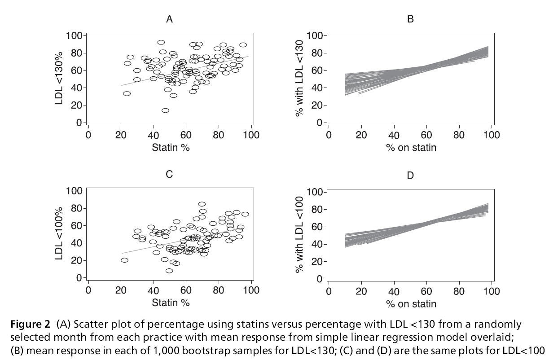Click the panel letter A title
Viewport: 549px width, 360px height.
coord(169,19)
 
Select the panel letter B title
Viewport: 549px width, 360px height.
coord(410,19)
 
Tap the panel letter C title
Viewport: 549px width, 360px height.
coord(169,174)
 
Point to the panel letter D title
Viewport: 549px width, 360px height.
coord(410,175)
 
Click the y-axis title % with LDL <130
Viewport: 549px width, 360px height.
coord(300,79)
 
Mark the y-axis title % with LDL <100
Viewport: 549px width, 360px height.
coord(300,235)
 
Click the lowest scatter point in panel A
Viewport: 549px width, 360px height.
coord(165,110)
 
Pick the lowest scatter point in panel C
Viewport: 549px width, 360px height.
coord(169,271)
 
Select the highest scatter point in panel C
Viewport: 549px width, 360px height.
coord(202,204)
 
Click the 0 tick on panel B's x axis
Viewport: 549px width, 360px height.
coord(329,135)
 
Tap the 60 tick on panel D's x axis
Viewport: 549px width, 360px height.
coord(426,291)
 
